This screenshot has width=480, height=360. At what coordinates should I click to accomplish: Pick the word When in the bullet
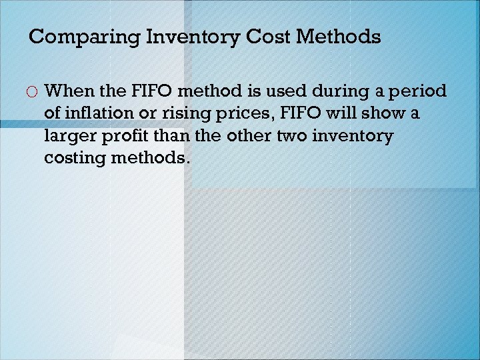[x=69, y=90]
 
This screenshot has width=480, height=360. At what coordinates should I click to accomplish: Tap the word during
[x=336, y=90]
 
